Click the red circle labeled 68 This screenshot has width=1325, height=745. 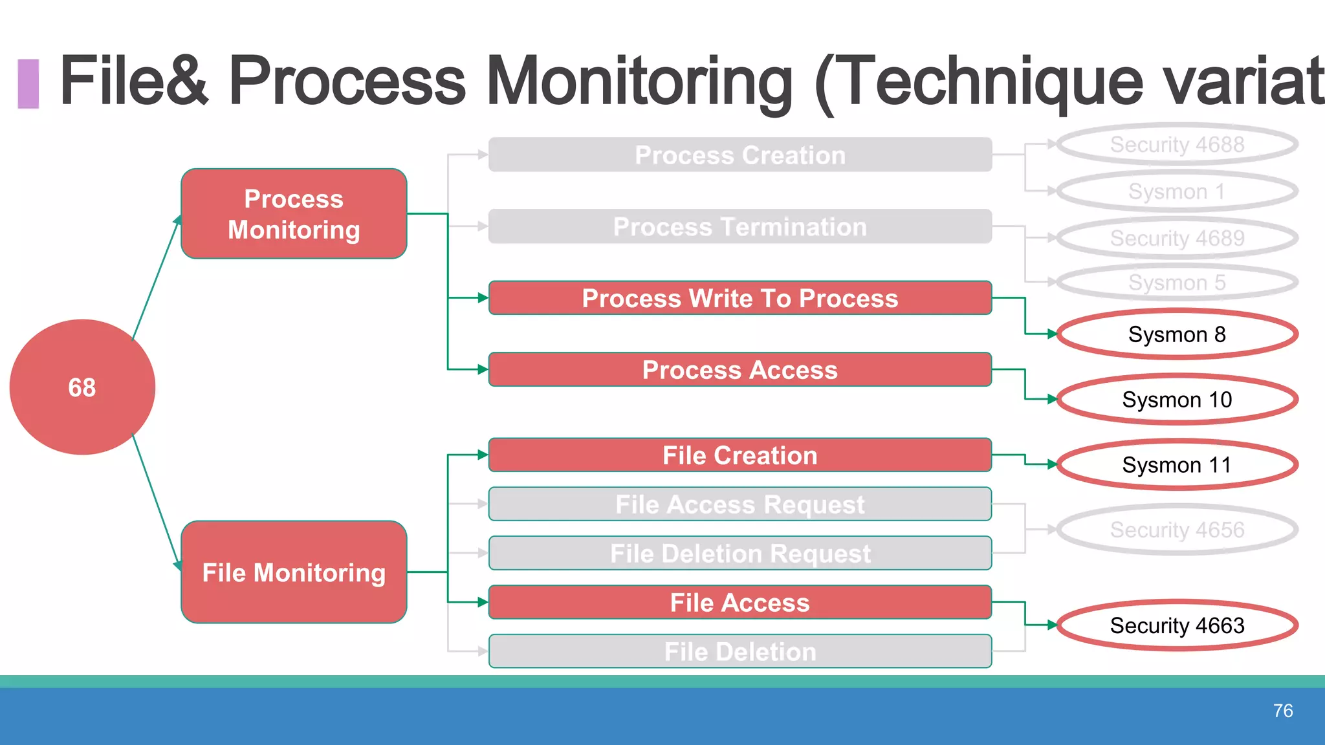coord(82,387)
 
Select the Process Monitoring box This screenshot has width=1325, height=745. coord(294,214)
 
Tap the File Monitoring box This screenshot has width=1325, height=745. coord(294,572)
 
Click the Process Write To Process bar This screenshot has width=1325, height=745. coord(739,298)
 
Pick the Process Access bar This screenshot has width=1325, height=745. coord(739,370)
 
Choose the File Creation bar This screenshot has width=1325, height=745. coord(739,455)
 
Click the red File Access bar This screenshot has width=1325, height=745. coord(739,603)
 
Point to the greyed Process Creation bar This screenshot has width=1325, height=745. coord(739,155)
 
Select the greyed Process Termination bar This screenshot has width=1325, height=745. coord(739,227)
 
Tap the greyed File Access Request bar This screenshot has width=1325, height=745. coord(739,504)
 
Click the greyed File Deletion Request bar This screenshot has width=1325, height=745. coord(739,554)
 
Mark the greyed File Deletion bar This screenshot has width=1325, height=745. coord(739,652)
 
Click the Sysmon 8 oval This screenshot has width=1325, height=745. coord(1177,334)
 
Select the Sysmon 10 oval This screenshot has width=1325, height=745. coord(1177,400)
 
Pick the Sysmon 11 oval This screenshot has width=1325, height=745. coord(1177,465)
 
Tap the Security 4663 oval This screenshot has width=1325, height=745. coord(1177,625)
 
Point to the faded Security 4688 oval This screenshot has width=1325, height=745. coord(1177,144)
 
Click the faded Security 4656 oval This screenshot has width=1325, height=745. coord(1177,530)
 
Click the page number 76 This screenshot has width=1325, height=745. coord(1282,711)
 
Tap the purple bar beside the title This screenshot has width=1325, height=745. coord(28,83)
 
